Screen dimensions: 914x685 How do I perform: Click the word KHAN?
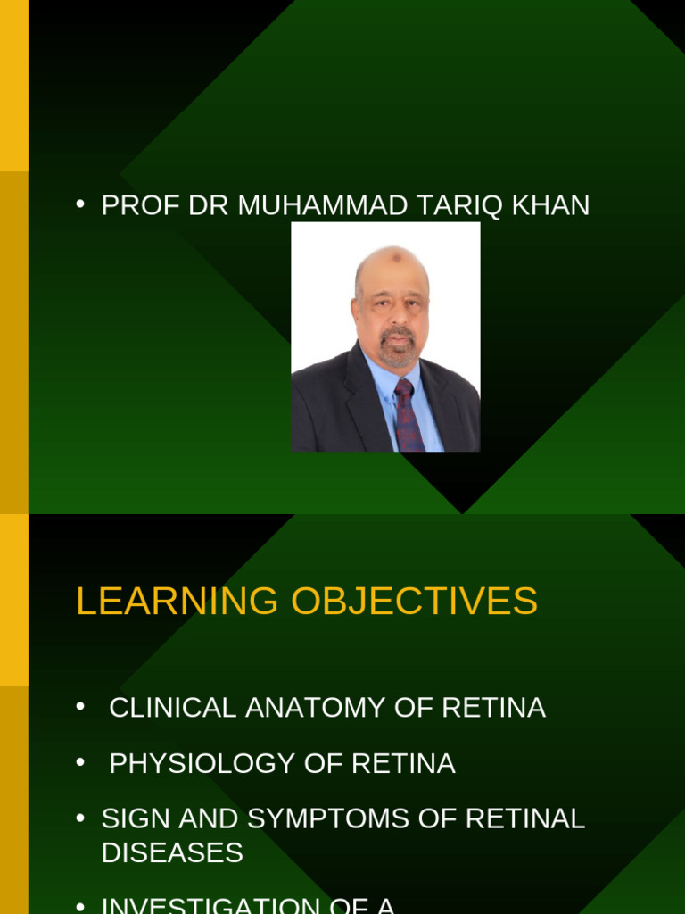click(550, 205)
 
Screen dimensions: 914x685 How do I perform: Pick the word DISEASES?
click(172, 852)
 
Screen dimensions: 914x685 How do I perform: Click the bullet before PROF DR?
click(80, 204)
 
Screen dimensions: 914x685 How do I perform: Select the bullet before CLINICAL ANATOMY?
click(80, 707)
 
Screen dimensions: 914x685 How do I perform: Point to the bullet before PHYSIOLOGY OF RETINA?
click(80, 762)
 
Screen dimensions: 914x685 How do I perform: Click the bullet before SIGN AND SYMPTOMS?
click(80, 818)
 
